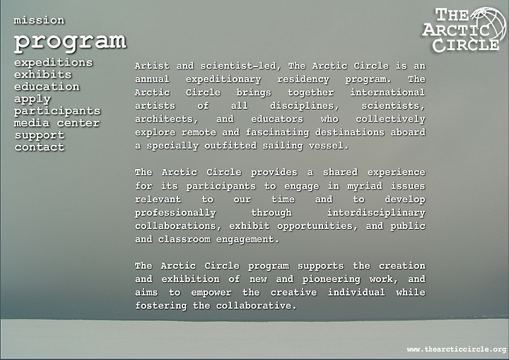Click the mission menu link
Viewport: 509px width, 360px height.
tap(39, 20)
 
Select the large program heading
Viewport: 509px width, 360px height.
tap(70, 42)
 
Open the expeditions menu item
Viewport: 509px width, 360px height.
tap(53, 62)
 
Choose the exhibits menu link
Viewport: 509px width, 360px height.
tap(42, 74)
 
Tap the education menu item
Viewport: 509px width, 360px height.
tap(47, 86)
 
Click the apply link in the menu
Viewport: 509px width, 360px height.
tap(32, 99)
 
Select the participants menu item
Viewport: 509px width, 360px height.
tap(57, 111)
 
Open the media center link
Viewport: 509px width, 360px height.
tap(57, 123)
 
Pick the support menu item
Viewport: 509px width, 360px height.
tap(40, 135)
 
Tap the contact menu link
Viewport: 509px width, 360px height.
tap(40, 147)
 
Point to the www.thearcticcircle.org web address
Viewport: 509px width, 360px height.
tap(457, 349)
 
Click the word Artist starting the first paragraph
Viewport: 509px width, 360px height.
tap(152, 66)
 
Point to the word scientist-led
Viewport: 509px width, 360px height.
tap(238, 66)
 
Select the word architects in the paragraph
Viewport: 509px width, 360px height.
tap(166, 120)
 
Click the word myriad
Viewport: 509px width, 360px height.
tap(365, 186)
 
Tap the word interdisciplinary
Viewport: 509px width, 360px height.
tap(376, 213)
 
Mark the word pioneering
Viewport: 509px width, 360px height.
tap(331, 279)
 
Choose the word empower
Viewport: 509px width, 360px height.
tap(211, 293)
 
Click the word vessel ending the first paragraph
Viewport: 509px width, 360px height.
tap(329, 146)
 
